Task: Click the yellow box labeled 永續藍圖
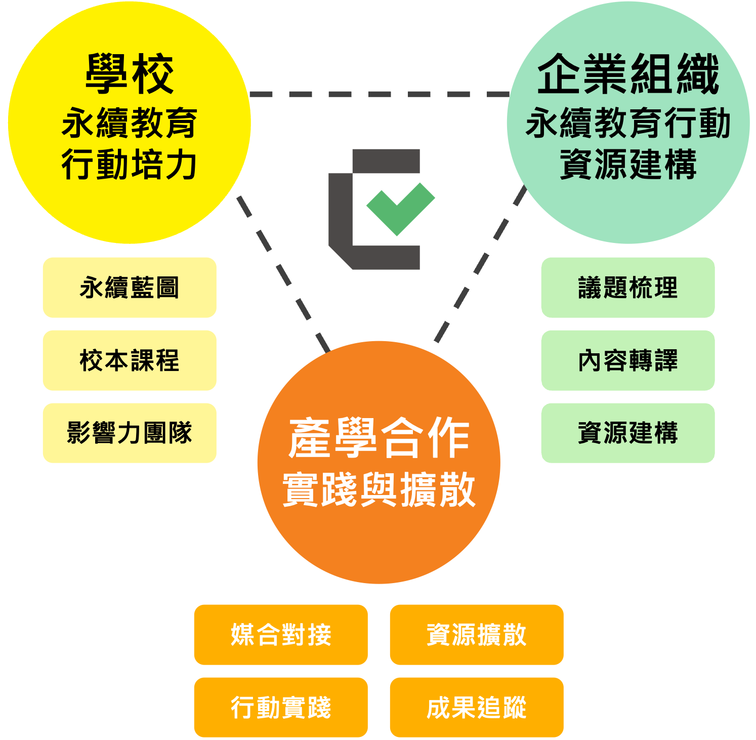pos(130,287)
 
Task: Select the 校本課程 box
pos(130,360)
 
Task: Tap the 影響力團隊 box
pos(130,433)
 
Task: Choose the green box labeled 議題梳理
pos(627,287)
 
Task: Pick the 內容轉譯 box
pos(627,360)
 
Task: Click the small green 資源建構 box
pos(627,433)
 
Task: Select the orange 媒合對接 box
pos(281,634)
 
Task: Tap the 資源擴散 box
pos(476,634)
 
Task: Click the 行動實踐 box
pos(281,707)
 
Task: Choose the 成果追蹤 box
pos(476,707)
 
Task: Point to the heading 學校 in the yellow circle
pos(130,74)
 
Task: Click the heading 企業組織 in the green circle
pos(628,74)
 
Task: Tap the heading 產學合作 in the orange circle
pos(379,438)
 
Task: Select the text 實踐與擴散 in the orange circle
pos(379,489)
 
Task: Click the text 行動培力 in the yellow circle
pos(130,165)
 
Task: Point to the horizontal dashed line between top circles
pos(380,94)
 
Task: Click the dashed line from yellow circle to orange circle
pos(283,273)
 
